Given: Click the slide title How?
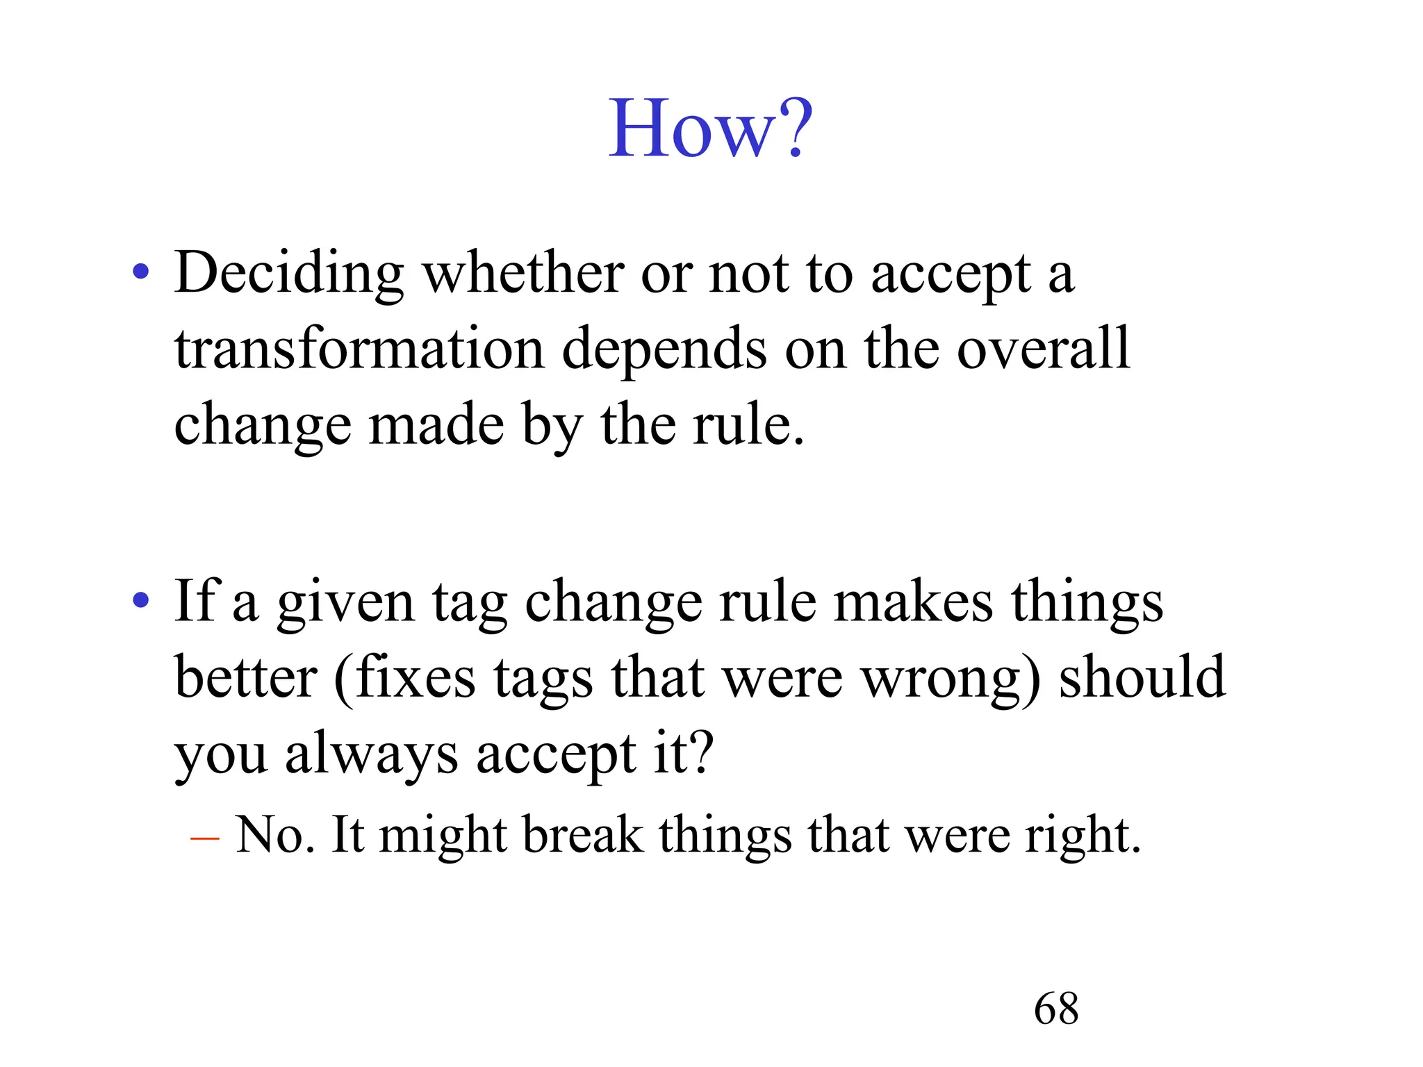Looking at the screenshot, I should tap(710, 129).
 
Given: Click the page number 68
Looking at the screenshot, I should tap(1056, 1009).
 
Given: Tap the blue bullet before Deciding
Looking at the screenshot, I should tap(141, 272).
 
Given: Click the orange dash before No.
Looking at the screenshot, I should tap(204, 838).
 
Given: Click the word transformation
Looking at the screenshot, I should tap(359, 349).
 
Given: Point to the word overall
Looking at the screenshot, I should tap(1044, 349).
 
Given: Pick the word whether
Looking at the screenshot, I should tap(523, 274).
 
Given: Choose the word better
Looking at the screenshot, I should tap(245, 678).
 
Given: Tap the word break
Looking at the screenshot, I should tap(583, 835).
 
